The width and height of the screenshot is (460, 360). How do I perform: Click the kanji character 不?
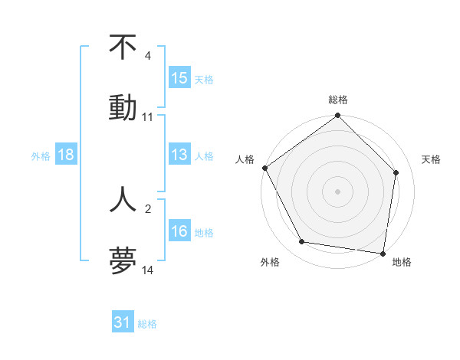[x=123, y=47]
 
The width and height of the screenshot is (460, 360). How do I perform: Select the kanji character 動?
[x=123, y=106]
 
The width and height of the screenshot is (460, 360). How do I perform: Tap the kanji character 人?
[x=123, y=198]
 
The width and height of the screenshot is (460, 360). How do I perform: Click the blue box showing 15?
[x=179, y=78]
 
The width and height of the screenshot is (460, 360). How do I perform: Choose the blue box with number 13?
[x=179, y=155]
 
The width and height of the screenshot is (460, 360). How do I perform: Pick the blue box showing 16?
[x=179, y=231]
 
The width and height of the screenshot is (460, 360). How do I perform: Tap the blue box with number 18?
[x=66, y=155]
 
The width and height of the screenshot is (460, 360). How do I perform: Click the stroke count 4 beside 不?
[x=148, y=56]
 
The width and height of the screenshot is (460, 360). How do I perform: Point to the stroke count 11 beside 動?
[x=148, y=117]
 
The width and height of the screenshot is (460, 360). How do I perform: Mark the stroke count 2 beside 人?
[x=148, y=208]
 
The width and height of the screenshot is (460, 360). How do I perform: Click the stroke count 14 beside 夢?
[x=148, y=270]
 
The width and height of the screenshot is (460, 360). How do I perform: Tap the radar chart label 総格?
[x=338, y=100]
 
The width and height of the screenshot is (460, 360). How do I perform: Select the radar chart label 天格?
[x=431, y=159]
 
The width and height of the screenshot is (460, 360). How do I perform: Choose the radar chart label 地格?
[x=402, y=262]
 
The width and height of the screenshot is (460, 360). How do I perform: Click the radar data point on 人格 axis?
[x=264, y=168]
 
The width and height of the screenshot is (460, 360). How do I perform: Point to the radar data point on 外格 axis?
[x=302, y=242]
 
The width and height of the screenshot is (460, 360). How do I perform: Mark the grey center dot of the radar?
[x=338, y=191]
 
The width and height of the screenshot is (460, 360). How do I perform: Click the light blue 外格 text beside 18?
[x=41, y=155]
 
